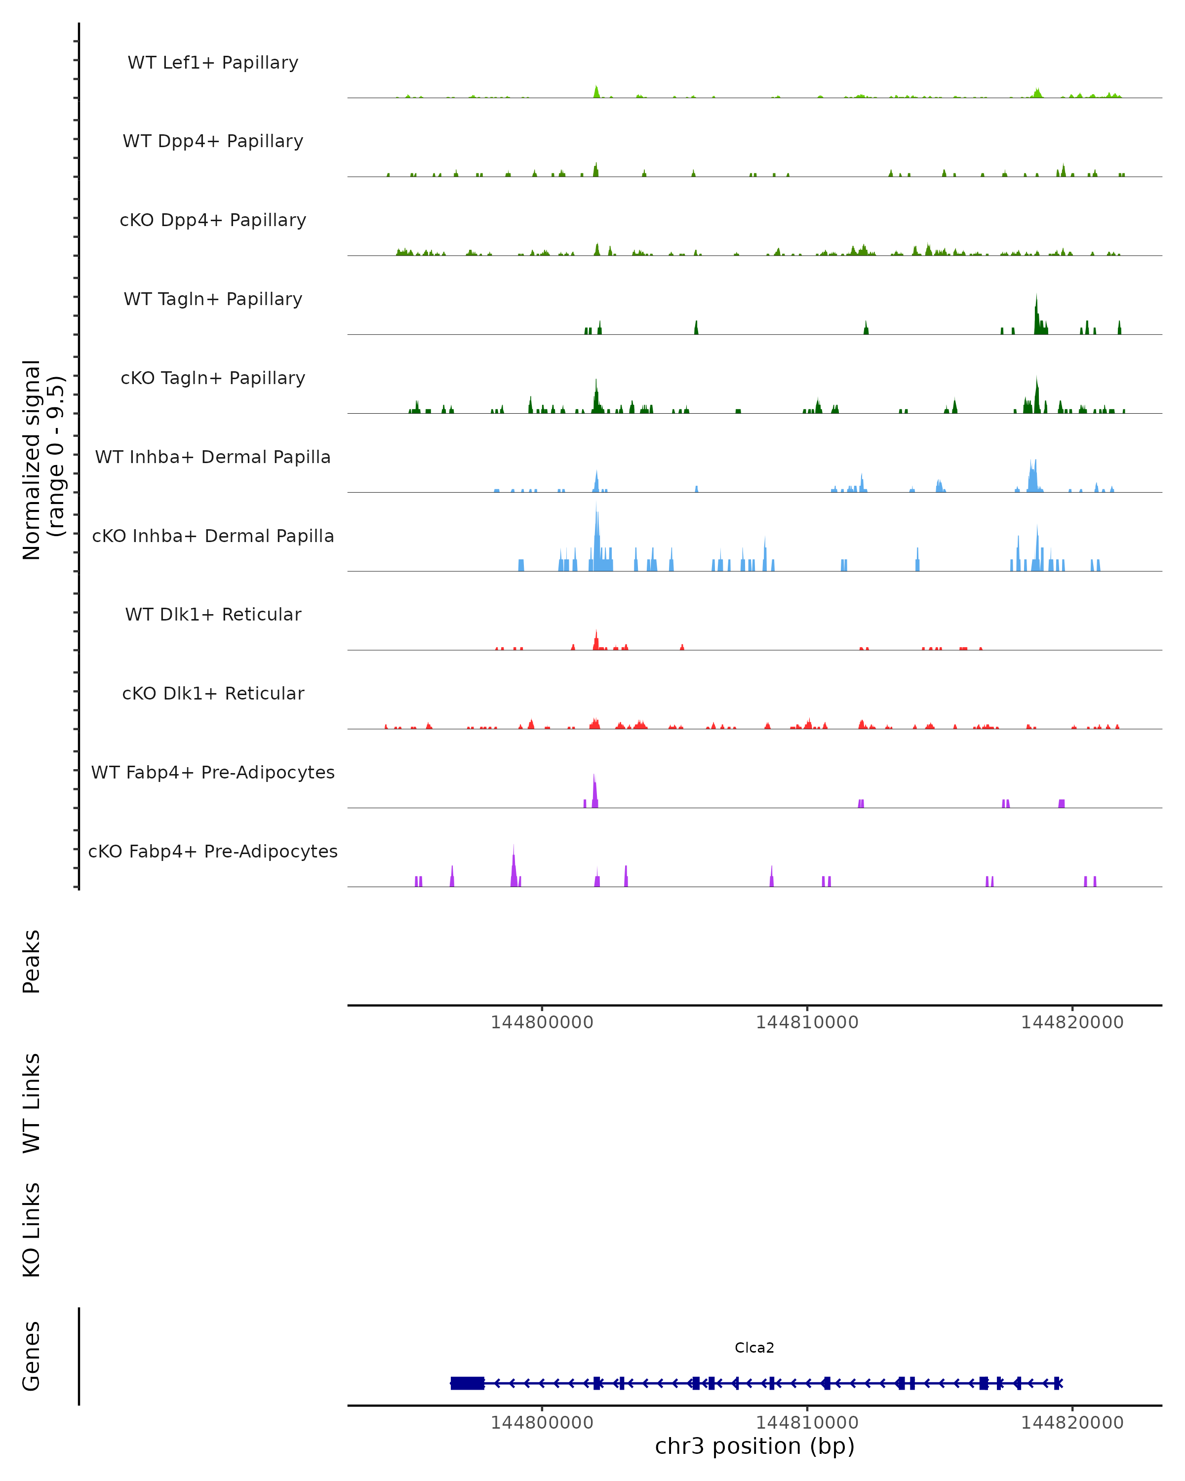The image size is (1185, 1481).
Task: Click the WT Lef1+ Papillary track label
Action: (x=213, y=63)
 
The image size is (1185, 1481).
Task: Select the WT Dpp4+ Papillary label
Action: (x=213, y=142)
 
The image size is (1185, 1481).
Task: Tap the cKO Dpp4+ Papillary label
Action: (x=213, y=221)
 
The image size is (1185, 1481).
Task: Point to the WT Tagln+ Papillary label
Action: (x=213, y=300)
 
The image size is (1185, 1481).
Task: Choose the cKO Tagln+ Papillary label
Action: (x=213, y=379)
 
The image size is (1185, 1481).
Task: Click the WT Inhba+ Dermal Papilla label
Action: (x=213, y=458)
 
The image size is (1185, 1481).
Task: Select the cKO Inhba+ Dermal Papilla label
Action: (x=213, y=537)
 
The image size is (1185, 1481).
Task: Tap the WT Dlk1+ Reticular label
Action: (x=213, y=615)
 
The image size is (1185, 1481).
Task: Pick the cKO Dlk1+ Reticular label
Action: (x=213, y=694)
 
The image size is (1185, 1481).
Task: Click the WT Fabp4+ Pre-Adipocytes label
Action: (x=213, y=773)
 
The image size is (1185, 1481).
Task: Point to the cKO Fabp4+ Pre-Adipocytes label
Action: (x=213, y=852)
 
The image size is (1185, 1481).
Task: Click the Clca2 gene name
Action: (x=754, y=1348)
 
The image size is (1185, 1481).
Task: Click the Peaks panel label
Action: (x=32, y=962)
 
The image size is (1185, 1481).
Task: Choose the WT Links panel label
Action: (x=32, y=1102)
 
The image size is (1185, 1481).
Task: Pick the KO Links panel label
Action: (x=32, y=1230)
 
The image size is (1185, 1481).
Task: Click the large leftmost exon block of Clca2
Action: (x=467, y=1383)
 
